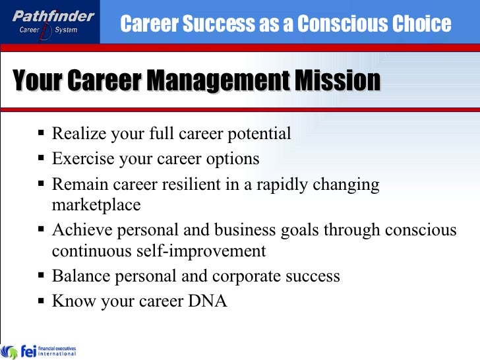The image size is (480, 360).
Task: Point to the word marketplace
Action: tap(96, 205)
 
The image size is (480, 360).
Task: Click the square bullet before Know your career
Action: tap(42, 301)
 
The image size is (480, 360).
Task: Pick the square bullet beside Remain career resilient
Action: tap(42, 185)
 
